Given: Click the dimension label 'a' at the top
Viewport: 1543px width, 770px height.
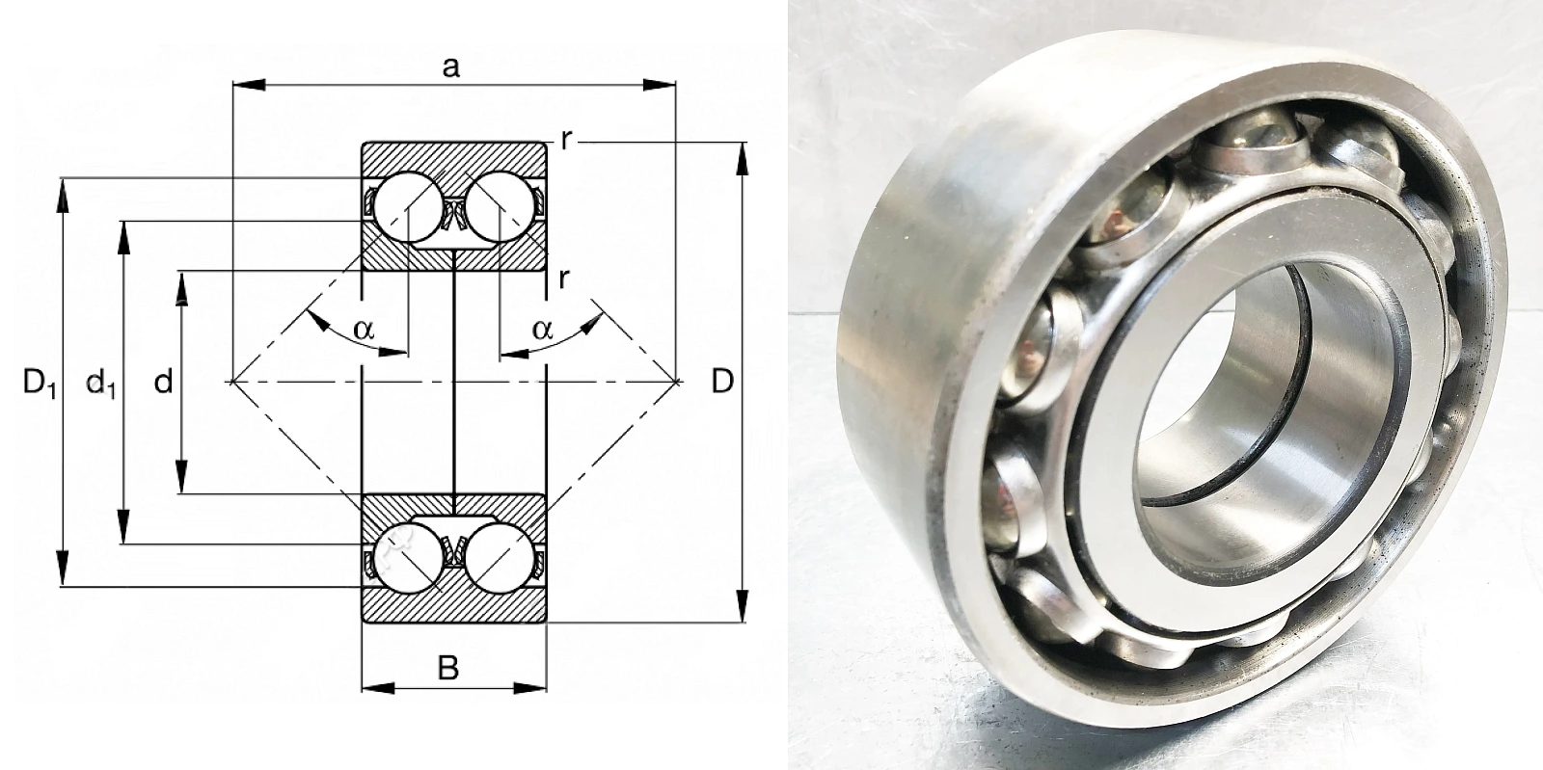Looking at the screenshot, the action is coord(450,67).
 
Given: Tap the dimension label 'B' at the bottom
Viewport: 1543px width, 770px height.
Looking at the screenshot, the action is coord(448,668).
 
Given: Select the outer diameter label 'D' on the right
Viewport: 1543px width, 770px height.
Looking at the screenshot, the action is coord(722,382).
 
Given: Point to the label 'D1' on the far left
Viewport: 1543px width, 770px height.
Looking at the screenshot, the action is coord(39,383).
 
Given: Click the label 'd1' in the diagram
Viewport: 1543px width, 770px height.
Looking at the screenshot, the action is coord(100,384).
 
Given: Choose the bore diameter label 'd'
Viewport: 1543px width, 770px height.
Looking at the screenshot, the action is coord(163,382).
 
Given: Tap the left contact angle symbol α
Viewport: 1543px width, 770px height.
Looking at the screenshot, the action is coord(365,329).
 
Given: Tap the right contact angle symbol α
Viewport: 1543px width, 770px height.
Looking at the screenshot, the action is coord(543,329).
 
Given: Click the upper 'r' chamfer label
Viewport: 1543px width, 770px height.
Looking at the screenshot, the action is coord(566,140).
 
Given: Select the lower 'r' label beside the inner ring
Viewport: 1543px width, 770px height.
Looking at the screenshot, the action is coord(564,279).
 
